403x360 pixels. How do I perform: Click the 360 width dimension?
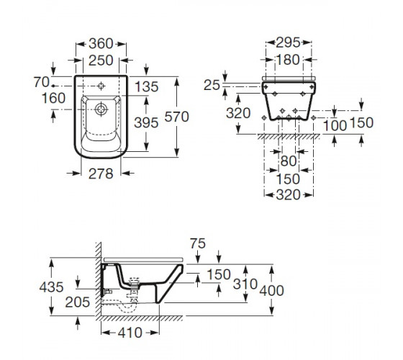pos(101,44)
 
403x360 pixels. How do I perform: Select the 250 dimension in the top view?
pos(101,60)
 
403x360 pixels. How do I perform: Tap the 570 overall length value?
pos(176,117)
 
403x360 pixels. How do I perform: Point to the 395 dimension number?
pos(146,122)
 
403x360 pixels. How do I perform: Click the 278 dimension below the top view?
pos(101,174)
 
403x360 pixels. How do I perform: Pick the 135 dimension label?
pos(147,86)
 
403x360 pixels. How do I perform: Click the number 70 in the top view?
pos(42,82)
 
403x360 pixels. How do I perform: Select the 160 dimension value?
pos(53,98)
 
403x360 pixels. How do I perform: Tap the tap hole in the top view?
pos(101,86)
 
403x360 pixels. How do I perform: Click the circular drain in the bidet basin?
pos(101,109)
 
